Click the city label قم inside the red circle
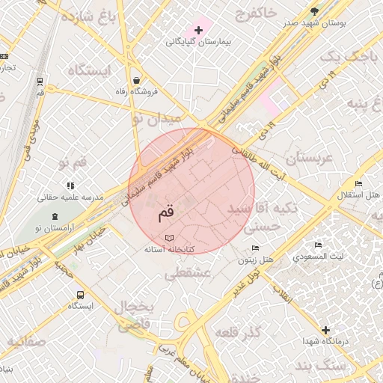point(165,212)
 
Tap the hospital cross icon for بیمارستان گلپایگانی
point(197,29)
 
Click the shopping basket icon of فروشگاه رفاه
point(136,80)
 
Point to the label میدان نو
point(156,118)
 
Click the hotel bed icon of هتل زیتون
point(256,248)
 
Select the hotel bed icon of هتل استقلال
point(358,184)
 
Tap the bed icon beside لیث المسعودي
point(318,245)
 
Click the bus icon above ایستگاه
point(80,294)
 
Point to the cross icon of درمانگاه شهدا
point(325,330)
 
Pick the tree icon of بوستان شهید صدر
point(314,10)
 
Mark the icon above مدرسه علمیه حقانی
point(70,186)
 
